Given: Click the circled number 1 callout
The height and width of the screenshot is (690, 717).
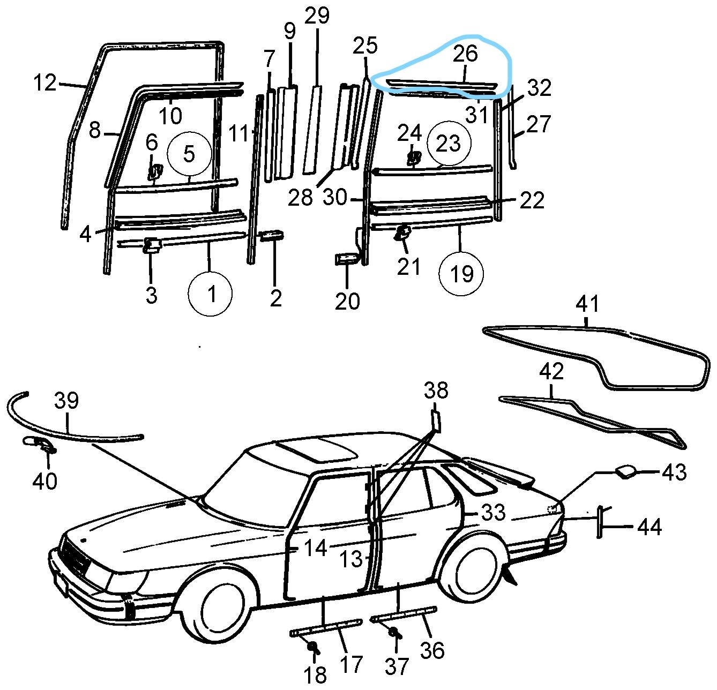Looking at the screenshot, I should tap(210, 294).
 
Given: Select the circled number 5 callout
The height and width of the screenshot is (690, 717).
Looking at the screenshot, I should tap(189, 154).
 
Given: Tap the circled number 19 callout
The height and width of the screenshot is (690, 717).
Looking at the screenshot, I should tap(461, 274).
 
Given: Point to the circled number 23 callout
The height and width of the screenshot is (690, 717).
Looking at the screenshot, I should tap(449, 144).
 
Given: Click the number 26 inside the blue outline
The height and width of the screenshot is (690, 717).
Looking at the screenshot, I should tap(465, 54).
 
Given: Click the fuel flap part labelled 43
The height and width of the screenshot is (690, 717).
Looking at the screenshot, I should tap(625, 471).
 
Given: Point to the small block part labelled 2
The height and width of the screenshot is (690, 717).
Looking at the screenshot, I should tap(272, 236).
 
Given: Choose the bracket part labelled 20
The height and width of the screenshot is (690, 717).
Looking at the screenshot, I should tap(347, 259).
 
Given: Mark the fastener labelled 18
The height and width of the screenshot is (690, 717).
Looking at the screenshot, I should tap(312, 648).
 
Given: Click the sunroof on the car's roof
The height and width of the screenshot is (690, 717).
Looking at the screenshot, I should tap(316, 448).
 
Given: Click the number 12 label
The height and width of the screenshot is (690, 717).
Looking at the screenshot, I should tap(44, 83).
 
